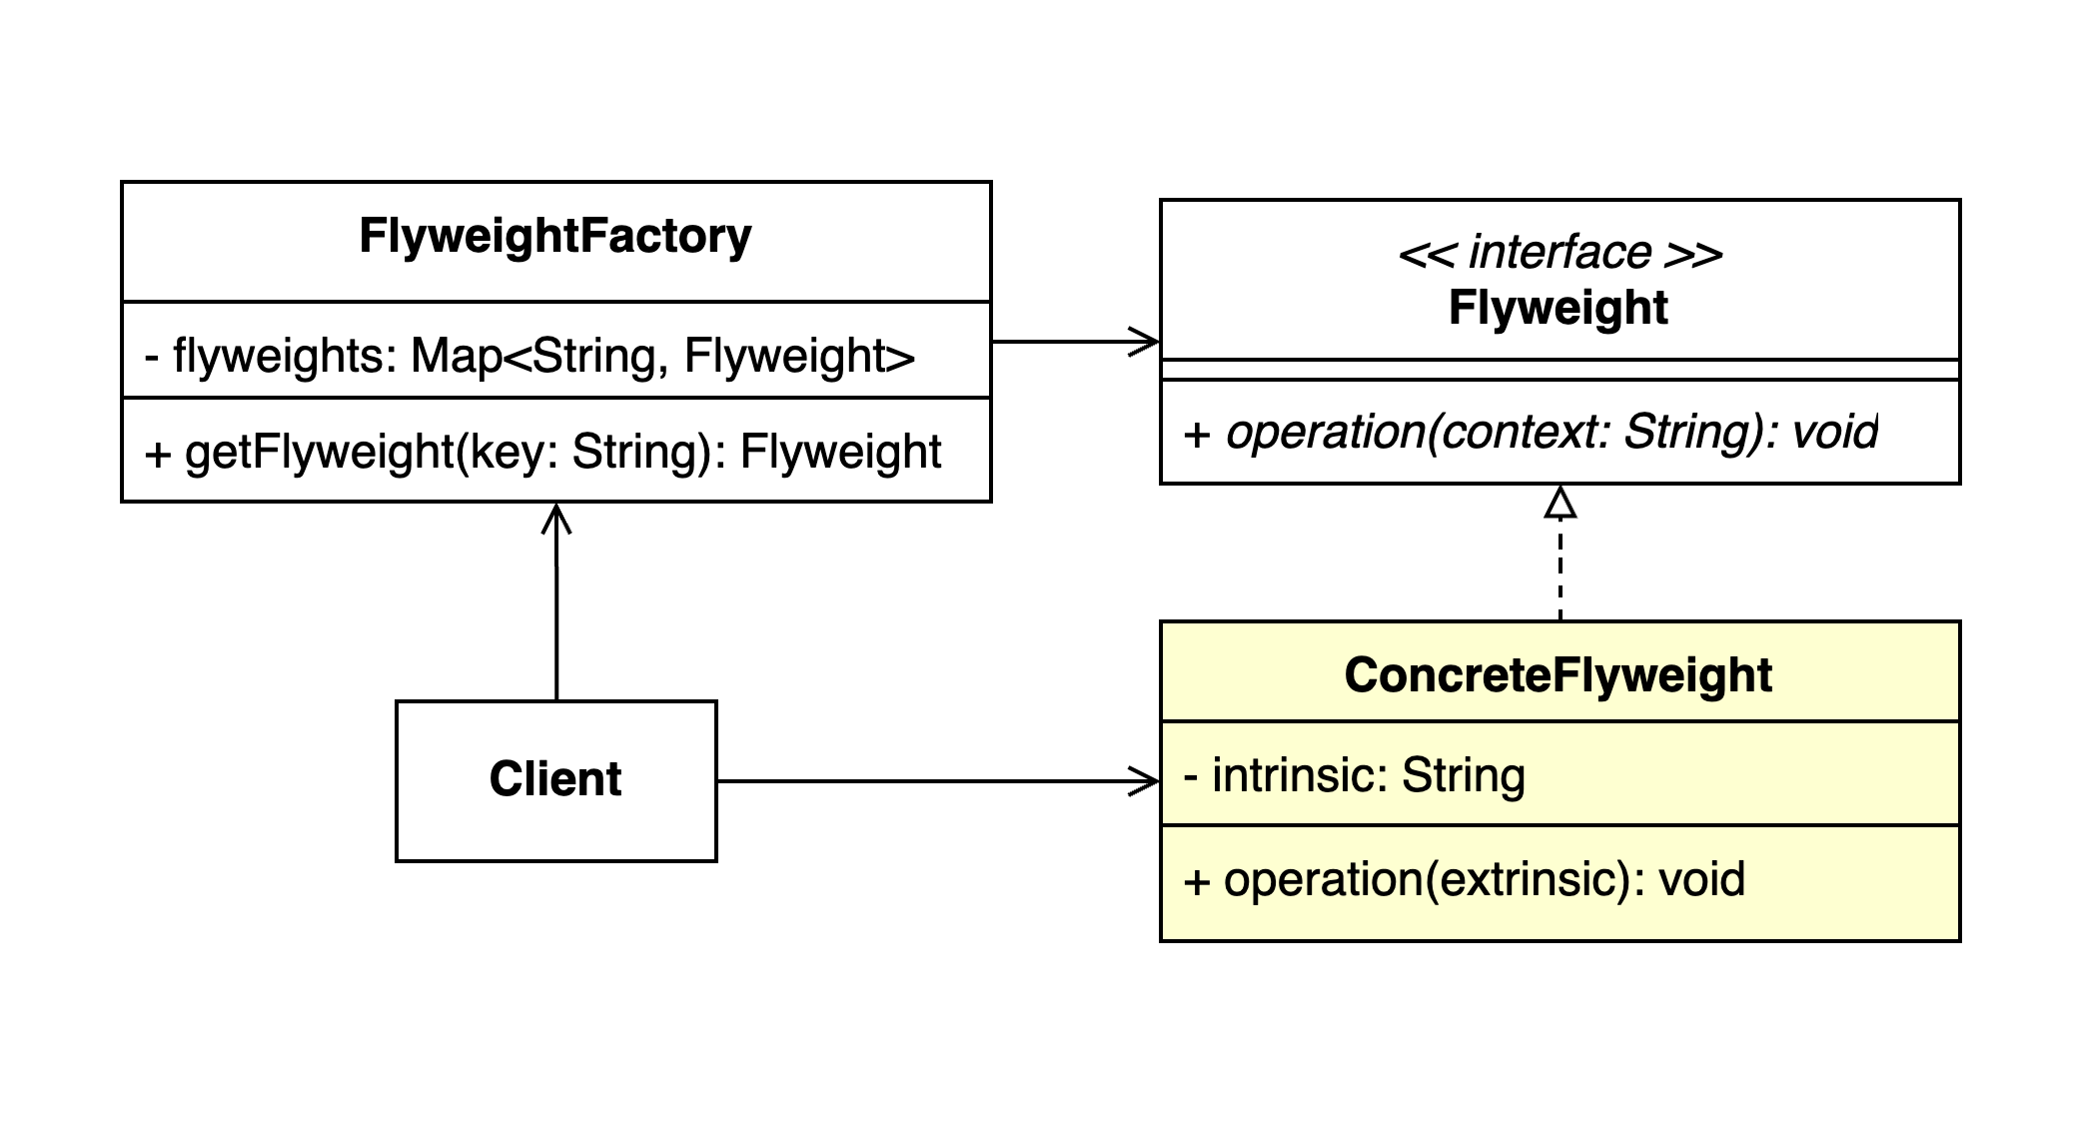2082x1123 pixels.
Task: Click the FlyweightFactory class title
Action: pyautogui.click(x=554, y=238)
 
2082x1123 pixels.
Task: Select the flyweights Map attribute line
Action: pyautogui.click(x=529, y=356)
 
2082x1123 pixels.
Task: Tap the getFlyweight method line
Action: pyautogui.click(x=542, y=452)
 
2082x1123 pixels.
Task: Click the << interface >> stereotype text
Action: pyautogui.click(x=1560, y=253)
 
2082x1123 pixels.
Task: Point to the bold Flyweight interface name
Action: pyautogui.click(x=1558, y=308)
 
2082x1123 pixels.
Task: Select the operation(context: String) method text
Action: pyautogui.click(x=1530, y=433)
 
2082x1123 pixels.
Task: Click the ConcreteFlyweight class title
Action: pyautogui.click(x=1558, y=675)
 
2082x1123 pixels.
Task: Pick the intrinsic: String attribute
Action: pyautogui.click(x=1354, y=775)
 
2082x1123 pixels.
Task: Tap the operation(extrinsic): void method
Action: pyautogui.click(x=1464, y=879)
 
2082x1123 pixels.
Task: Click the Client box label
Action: pyautogui.click(x=554, y=779)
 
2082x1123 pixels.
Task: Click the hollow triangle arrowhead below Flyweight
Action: pyautogui.click(x=1560, y=503)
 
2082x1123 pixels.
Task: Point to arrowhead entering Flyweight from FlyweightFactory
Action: pyautogui.click(x=1146, y=342)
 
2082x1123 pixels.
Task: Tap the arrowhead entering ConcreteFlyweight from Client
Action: pyautogui.click(x=1146, y=781)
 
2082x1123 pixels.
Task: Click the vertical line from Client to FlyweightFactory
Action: pyautogui.click(x=556, y=619)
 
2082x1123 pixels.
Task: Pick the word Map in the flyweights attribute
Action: pyautogui.click(x=456, y=356)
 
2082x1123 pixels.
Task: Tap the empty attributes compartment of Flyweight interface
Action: pyautogui.click(x=1560, y=370)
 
